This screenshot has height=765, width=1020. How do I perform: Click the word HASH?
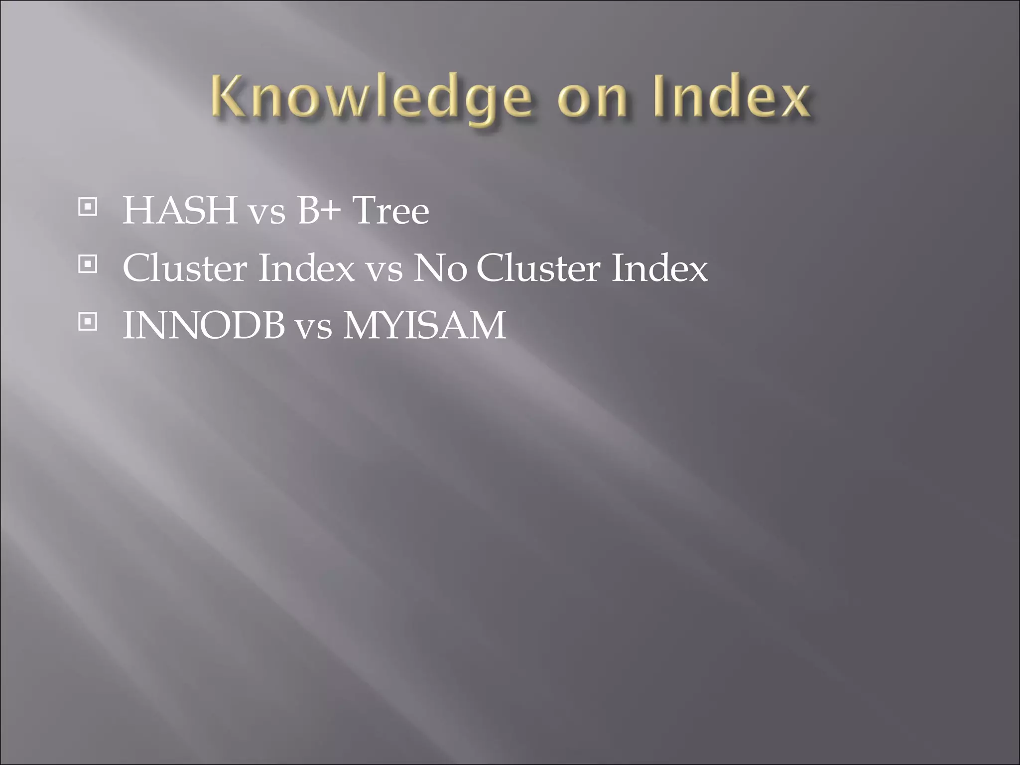click(x=180, y=210)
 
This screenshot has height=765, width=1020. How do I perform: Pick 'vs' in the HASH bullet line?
click(x=267, y=213)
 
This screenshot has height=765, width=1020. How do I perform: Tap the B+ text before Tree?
click(x=319, y=210)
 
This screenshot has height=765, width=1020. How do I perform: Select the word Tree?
click(x=390, y=210)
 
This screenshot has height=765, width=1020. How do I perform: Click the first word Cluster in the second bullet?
click(x=185, y=268)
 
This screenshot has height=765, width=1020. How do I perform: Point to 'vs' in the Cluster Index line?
click(x=384, y=270)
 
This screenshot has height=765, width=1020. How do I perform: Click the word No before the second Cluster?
click(x=440, y=268)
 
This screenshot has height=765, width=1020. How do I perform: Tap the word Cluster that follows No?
click(x=538, y=268)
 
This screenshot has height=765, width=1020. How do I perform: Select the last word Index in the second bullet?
click(x=659, y=268)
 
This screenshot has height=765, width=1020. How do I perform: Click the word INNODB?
click(x=204, y=325)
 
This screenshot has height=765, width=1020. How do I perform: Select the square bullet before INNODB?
click(x=88, y=322)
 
